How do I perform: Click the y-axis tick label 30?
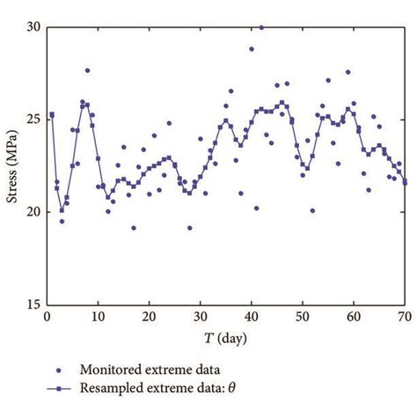[32, 27]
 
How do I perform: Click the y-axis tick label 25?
[32, 120]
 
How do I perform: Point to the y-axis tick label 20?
[32, 212]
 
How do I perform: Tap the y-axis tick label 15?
[32, 304]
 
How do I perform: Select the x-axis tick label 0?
[46, 317]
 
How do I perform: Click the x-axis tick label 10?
[98, 317]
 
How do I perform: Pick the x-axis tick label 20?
[149, 317]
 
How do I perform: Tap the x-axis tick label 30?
[200, 317]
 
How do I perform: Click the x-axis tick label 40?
[252, 317]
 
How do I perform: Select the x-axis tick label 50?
[303, 317]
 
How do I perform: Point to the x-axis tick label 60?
[354, 317]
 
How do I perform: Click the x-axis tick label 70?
[405, 317]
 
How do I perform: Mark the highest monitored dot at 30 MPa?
[261, 27]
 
